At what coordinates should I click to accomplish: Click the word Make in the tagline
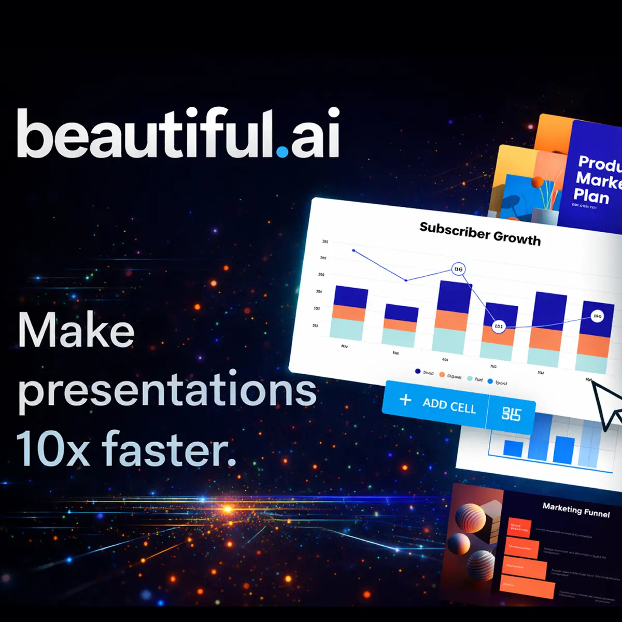(76, 332)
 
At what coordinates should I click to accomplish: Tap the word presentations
(167, 392)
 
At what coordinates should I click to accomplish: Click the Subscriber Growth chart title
(479, 234)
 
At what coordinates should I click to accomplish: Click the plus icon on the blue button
(405, 400)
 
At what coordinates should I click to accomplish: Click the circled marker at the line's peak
(458, 269)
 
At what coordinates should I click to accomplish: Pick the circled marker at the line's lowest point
(498, 327)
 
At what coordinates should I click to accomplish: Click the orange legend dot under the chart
(442, 374)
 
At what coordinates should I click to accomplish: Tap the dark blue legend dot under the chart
(418, 371)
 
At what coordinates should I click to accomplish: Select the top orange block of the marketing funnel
(519, 527)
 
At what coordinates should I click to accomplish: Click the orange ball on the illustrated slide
(538, 182)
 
